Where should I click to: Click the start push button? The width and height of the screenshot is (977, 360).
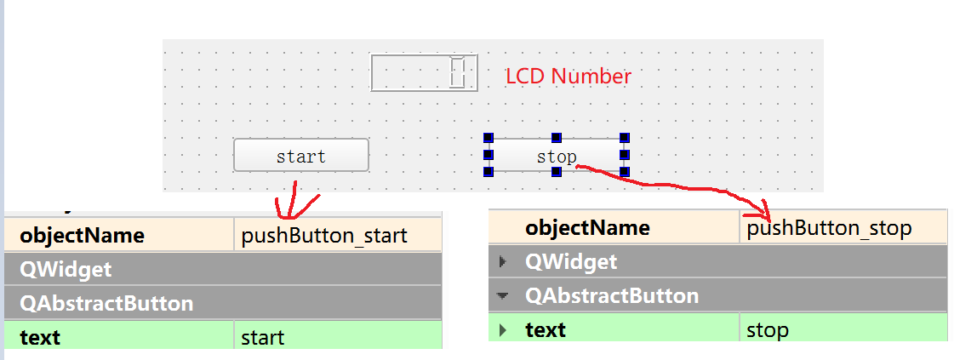301,156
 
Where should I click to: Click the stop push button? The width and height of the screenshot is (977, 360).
557,156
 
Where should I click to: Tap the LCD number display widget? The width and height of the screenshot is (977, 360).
424,72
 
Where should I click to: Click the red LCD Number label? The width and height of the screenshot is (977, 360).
568,76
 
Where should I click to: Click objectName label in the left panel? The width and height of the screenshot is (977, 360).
82,235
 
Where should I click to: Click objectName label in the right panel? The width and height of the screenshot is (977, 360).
587,228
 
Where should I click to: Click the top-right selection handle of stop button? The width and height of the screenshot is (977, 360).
625,137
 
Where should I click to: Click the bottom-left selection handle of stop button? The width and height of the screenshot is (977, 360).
488,172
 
